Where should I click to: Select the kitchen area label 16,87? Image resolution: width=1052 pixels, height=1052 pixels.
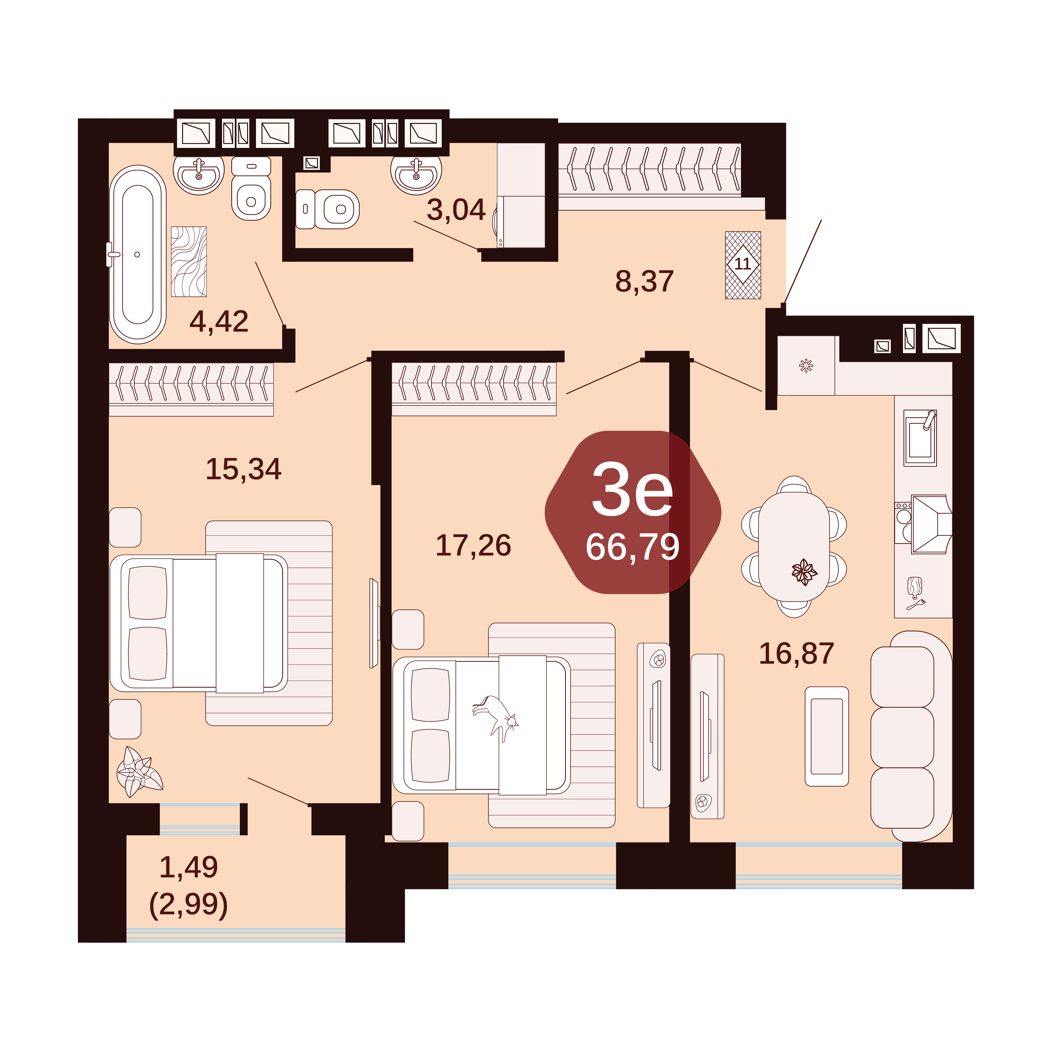797,653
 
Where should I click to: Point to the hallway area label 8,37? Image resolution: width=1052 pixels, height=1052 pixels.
645,281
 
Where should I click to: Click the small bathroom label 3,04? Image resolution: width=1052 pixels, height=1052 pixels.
456,210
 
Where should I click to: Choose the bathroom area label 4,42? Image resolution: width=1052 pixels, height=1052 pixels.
219,321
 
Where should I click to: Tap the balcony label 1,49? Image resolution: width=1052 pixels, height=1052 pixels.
188,867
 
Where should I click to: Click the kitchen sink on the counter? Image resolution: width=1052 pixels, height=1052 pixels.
920,438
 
